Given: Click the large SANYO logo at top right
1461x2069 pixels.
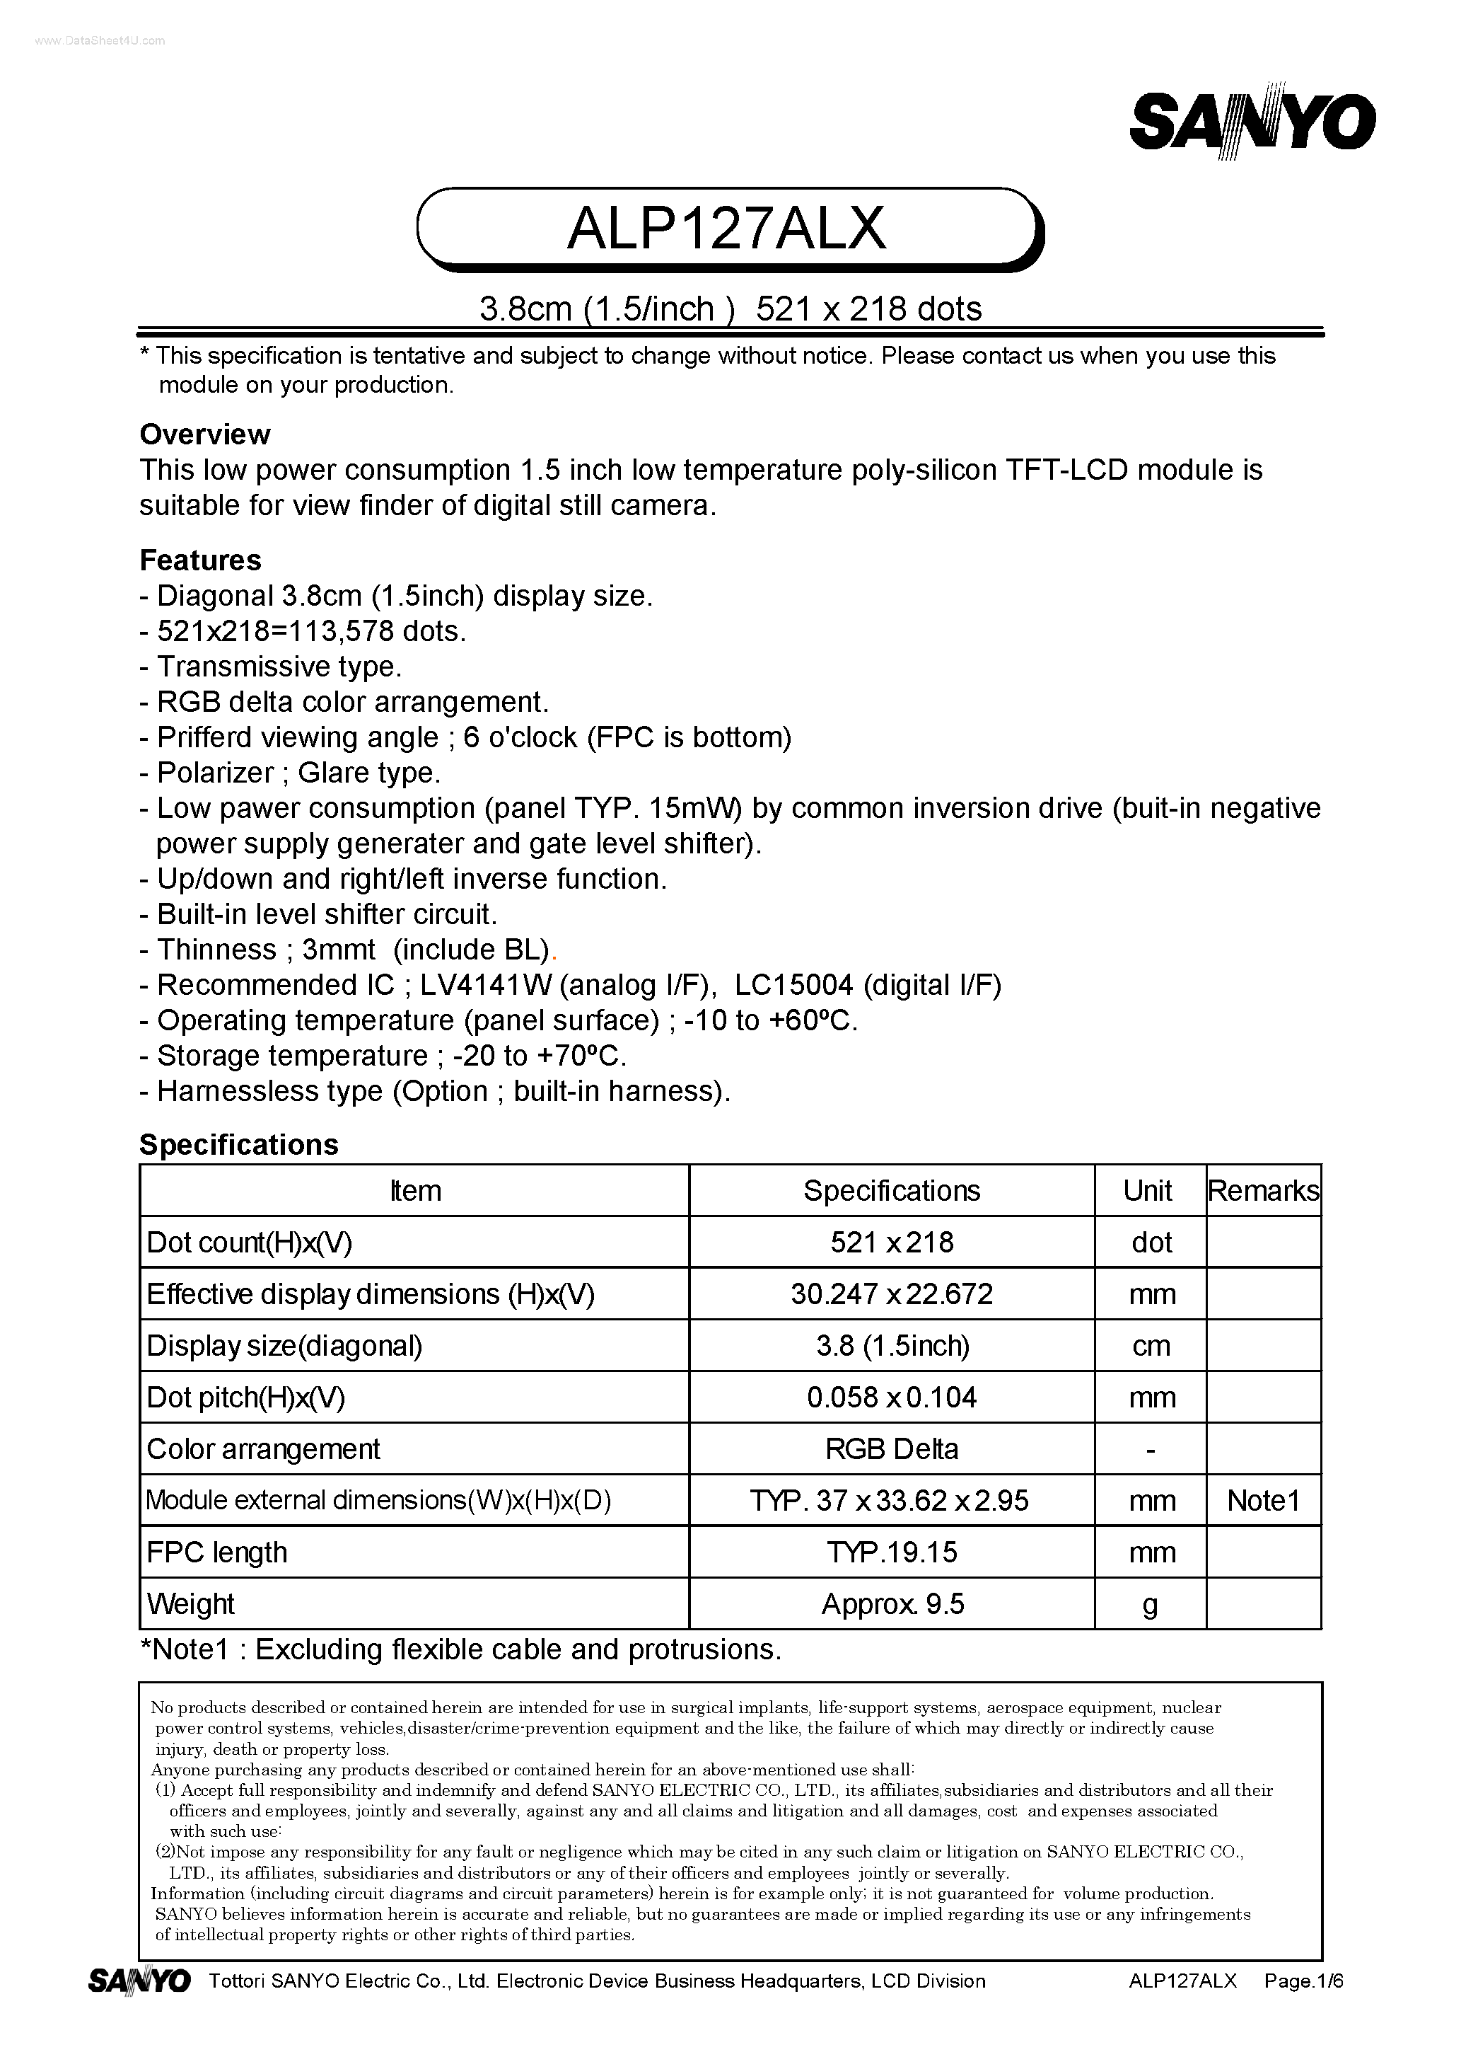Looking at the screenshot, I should (1252, 122).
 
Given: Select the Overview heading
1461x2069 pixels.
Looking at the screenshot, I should (204, 434).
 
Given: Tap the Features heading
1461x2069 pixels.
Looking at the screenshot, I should (200, 560).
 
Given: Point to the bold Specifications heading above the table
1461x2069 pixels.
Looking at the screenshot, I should (239, 1144).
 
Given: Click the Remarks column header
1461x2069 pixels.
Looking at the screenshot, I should (1263, 1190).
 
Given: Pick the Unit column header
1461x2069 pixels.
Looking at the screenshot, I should (1148, 1190).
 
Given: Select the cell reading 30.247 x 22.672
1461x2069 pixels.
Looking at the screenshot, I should (891, 1294).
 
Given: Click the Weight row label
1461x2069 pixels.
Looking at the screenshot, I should (190, 1604).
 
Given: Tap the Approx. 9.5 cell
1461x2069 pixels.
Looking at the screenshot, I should (892, 1604).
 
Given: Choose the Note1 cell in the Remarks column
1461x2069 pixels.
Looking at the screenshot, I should (1263, 1500).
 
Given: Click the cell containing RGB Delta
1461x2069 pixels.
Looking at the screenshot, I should (891, 1449).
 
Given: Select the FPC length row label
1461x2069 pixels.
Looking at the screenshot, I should (216, 1552).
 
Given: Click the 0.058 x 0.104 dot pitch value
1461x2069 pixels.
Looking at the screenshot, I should (891, 1397).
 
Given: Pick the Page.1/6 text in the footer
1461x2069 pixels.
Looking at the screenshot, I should (1303, 1981).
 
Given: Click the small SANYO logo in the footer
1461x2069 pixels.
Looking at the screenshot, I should (139, 1981).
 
